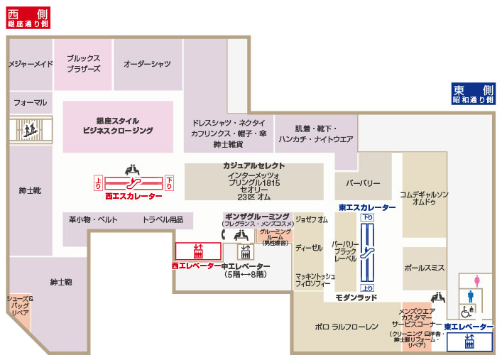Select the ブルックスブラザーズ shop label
[83, 64]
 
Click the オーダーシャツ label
[147, 64]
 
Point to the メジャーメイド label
[31, 64]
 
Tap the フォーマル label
[30, 102]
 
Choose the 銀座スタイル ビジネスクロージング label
[118, 126]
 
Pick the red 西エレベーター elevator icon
[197, 251]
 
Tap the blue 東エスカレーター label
[366, 207]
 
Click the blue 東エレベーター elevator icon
[469, 342]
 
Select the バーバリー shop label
[363, 183]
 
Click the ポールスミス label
[424, 268]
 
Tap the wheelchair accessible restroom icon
[466, 311]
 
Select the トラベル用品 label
[163, 220]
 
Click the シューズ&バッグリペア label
[20, 305]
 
